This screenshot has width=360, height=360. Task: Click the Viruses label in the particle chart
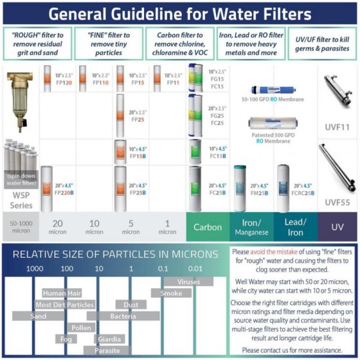click(189, 282)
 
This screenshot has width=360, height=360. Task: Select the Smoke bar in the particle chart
click(171, 293)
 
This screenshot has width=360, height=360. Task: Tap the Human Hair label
click(63, 293)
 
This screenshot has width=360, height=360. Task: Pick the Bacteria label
click(123, 316)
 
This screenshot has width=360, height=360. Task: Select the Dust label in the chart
click(130, 304)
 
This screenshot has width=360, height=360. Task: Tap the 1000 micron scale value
click(35, 268)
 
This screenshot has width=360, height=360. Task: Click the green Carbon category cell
click(207, 227)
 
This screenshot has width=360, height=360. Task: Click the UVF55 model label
click(338, 203)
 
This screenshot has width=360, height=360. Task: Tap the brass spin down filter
click(20, 101)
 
